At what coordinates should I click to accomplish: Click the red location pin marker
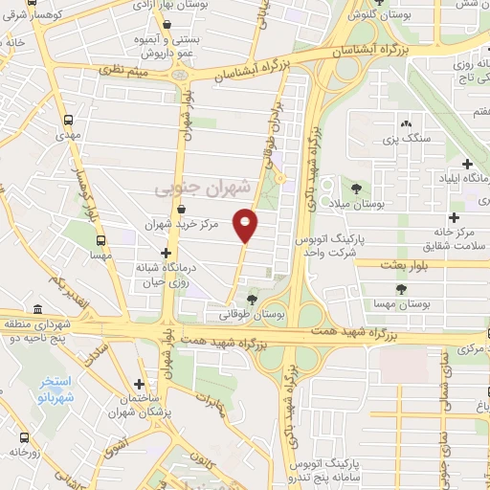pyautogui.click(x=246, y=225)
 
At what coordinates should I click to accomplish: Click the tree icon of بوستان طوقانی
pyautogui.click(x=252, y=300)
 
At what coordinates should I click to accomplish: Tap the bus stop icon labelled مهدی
pyautogui.click(x=68, y=122)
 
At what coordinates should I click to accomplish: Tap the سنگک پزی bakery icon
pyautogui.click(x=406, y=123)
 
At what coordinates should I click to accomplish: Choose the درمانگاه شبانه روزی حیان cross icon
pyautogui.click(x=166, y=252)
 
